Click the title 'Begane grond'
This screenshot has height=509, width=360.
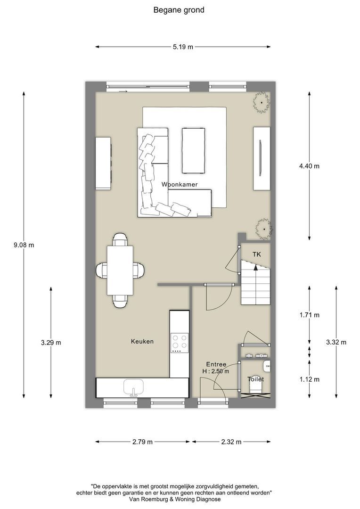tap(179, 10)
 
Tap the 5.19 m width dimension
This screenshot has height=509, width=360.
tap(183, 47)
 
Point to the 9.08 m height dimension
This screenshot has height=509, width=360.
tap(24, 245)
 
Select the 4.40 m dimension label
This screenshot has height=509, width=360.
tap(309, 166)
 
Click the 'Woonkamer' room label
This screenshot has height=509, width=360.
tap(179, 184)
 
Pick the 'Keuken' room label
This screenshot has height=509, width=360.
tap(142, 341)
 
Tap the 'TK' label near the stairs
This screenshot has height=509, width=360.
tap(256, 254)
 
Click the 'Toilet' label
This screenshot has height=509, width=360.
tap(256, 379)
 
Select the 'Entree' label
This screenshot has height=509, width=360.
tap(216, 364)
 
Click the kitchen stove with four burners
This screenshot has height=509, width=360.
tap(179, 343)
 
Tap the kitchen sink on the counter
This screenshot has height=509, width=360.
tap(133, 388)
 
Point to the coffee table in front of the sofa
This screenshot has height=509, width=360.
tap(194, 150)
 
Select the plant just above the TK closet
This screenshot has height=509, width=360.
tap(263, 229)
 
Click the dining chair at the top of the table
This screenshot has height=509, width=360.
tap(120, 240)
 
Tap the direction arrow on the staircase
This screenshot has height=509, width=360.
tap(255, 267)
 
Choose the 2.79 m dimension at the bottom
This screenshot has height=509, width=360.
tap(143, 442)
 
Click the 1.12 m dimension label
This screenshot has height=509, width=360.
tap(309, 379)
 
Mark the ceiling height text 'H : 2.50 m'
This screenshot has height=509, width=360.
tap(216, 371)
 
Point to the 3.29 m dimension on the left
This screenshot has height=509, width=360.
tap(51, 343)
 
